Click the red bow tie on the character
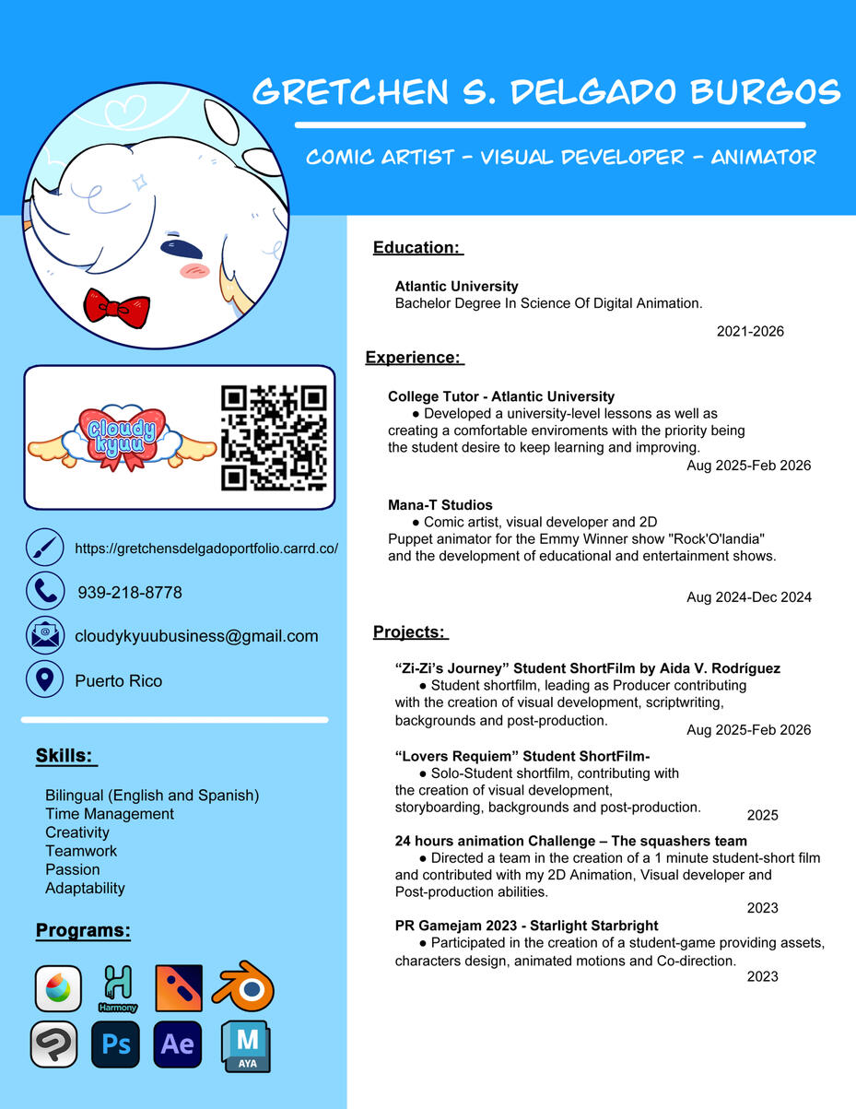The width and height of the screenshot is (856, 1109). [x=116, y=306]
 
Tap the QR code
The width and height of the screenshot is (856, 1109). [x=274, y=438]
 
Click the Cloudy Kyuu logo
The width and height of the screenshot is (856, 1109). [x=122, y=438]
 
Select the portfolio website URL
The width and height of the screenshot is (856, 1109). [x=206, y=548]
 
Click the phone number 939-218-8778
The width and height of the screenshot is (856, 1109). [x=130, y=593]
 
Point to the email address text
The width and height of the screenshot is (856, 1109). [x=196, y=636]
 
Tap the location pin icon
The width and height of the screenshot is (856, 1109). [x=44, y=680]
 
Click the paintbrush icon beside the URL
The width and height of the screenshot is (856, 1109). [x=44, y=548]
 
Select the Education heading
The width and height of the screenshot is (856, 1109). [x=417, y=247]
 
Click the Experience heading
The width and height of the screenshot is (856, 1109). [x=414, y=358]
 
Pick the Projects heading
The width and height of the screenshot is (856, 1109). [x=410, y=631]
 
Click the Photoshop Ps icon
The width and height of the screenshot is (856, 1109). [x=115, y=1044]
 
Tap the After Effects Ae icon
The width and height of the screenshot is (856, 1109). [x=177, y=1044]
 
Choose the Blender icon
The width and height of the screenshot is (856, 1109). [x=243, y=987]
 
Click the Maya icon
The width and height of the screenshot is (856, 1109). [x=246, y=1046]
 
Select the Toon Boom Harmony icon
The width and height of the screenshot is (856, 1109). [x=118, y=987]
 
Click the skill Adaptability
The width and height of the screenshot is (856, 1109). [x=85, y=888]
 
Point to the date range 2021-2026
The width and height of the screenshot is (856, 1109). [x=750, y=331]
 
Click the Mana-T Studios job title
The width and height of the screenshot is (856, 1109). [x=440, y=505]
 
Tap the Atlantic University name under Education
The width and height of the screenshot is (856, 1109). [x=456, y=287]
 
